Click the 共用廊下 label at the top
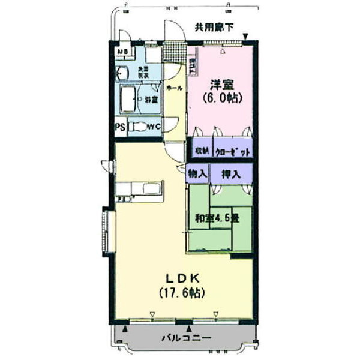click(x=214, y=26)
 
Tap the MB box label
click(x=122, y=52)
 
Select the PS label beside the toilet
click(x=121, y=127)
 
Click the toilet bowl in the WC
click(x=139, y=127)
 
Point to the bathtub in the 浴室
click(x=130, y=99)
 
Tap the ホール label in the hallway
click(x=175, y=88)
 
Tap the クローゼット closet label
click(x=231, y=152)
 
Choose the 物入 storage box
click(x=197, y=174)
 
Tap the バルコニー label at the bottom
click(x=186, y=338)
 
